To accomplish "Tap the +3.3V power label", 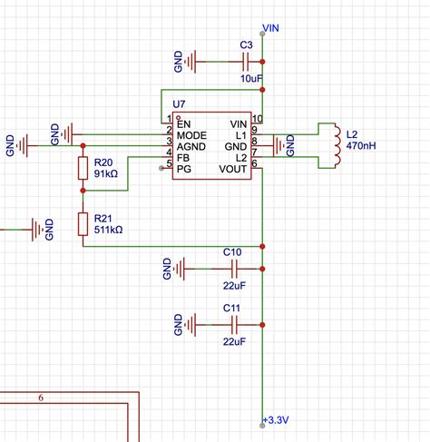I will (x=276, y=419).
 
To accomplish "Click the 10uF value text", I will (x=251, y=80).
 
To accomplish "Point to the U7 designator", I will (x=181, y=106).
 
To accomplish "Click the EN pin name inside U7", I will (x=184, y=123).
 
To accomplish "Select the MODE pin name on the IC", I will (x=191, y=134).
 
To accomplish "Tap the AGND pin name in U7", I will (x=191, y=145).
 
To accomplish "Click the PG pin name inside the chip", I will (x=184, y=168).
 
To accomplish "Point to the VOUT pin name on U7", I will (x=231, y=168).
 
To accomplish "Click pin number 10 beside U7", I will (x=257, y=119).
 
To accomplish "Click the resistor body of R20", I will (x=83, y=168).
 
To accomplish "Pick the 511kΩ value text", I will (x=108, y=231).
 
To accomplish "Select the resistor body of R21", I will (x=83, y=224).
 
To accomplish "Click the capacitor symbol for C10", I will (x=233, y=269).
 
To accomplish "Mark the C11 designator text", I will (x=232, y=309).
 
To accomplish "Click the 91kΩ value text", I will (x=105, y=174).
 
